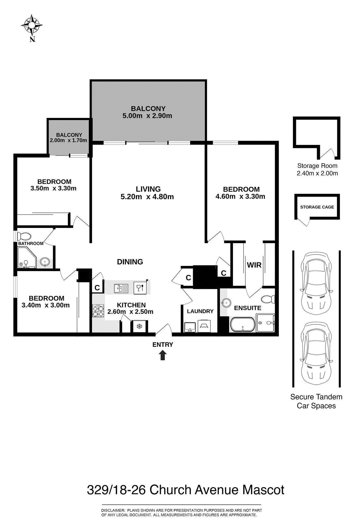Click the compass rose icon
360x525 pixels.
[x=32, y=25]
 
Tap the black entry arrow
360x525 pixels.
[x=163, y=355]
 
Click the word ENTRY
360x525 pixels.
[x=163, y=345]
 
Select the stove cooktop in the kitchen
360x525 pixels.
[x=98, y=311]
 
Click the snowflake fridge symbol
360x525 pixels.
[x=139, y=327]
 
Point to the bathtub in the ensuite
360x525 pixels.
[x=243, y=325]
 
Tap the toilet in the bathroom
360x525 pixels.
[x=24, y=236]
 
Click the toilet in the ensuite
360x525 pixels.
[x=268, y=299]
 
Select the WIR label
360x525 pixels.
[x=254, y=265]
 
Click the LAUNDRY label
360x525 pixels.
[x=200, y=311]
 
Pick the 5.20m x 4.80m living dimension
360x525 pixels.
[x=147, y=197]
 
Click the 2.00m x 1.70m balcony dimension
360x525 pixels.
[x=68, y=140]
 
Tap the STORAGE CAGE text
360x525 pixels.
[x=317, y=207]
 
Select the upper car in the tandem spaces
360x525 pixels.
[x=317, y=283]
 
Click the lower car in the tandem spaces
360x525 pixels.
[x=317, y=353]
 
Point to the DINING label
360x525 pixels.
[x=130, y=262]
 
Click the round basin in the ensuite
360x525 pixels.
[x=226, y=303]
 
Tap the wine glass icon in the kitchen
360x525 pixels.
[x=140, y=287]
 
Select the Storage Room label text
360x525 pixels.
[x=317, y=166]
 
